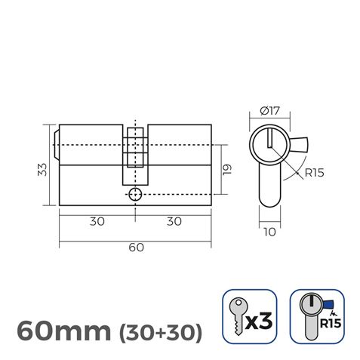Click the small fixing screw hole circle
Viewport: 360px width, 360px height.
(x=134, y=195)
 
